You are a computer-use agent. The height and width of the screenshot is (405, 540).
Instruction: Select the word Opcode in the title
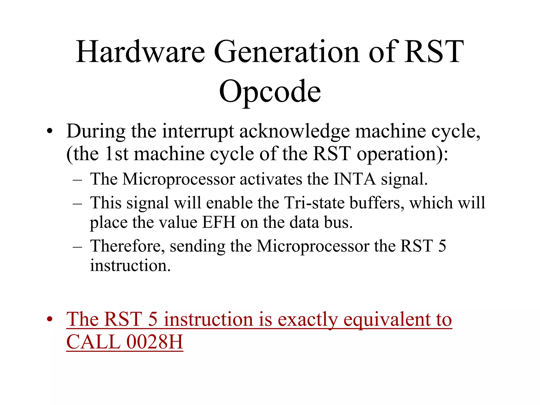(270, 91)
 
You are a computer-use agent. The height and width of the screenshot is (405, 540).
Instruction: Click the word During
(96, 131)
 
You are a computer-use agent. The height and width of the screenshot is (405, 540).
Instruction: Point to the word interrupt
(198, 131)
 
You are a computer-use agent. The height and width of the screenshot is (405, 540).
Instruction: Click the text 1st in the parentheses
(116, 154)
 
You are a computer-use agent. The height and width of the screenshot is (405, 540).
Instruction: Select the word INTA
(354, 179)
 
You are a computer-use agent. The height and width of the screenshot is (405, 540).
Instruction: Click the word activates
(271, 179)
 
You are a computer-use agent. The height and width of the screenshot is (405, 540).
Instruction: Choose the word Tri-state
(314, 203)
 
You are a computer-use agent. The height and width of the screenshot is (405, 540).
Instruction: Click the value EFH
(219, 222)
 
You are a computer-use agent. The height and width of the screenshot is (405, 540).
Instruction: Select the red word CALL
(93, 342)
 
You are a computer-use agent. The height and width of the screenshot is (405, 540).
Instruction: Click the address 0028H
(155, 342)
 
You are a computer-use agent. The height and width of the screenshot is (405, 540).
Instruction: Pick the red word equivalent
(387, 320)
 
